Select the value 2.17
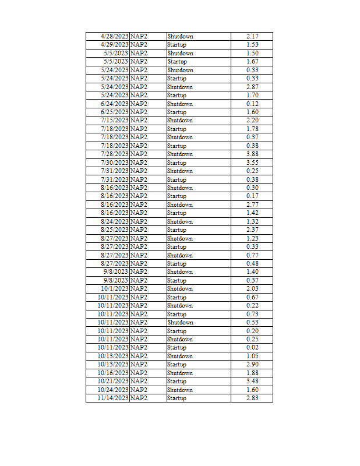[x=252, y=36]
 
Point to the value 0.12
[x=252, y=104]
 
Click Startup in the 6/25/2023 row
[x=177, y=112]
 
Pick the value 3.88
[x=252, y=154]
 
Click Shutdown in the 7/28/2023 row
[x=179, y=154]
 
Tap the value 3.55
[x=252, y=163]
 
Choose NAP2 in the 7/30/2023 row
[x=139, y=163]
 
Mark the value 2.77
[x=252, y=204]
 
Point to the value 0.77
[x=252, y=255]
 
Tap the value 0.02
[x=252, y=347]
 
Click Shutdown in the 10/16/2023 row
[x=179, y=373]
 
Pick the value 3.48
[x=252, y=381]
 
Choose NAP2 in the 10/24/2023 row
[x=139, y=390]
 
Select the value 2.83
[x=252, y=398]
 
